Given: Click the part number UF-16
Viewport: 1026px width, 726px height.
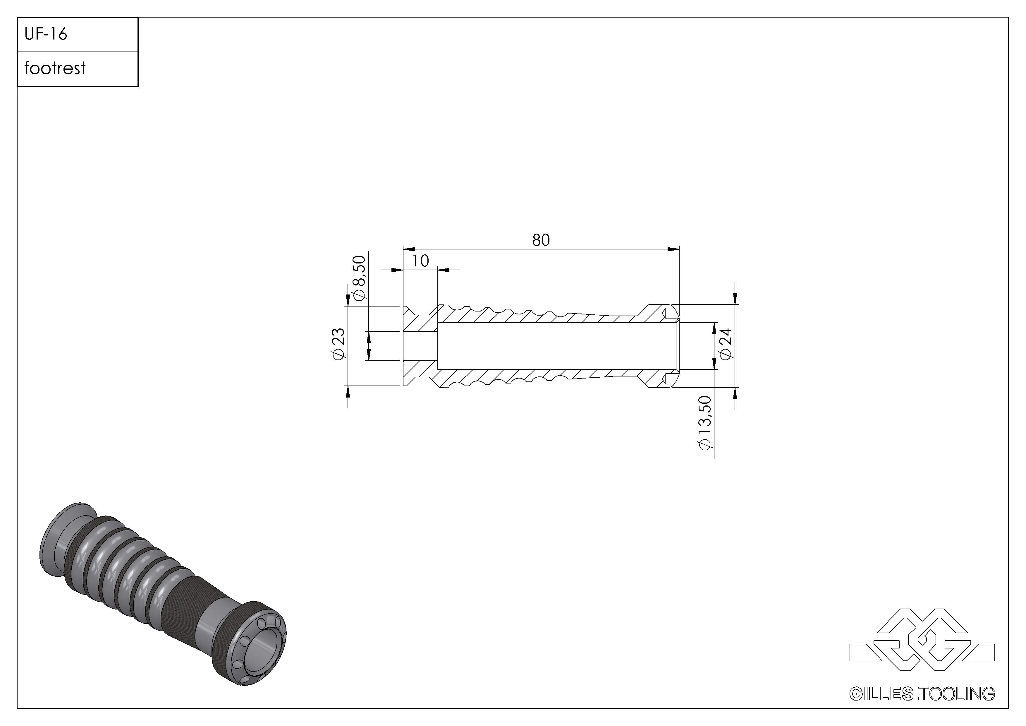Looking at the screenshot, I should pyautogui.click(x=46, y=34).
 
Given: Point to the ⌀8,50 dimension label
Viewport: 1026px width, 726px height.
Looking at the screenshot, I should pyautogui.click(x=359, y=278).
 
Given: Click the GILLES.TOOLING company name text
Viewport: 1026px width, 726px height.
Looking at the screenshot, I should pyautogui.click(x=922, y=694).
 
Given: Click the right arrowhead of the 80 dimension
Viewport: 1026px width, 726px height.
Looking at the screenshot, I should pyautogui.click(x=674, y=249).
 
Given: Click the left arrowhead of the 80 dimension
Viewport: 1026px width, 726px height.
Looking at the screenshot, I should pyautogui.click(x=409, y=249).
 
